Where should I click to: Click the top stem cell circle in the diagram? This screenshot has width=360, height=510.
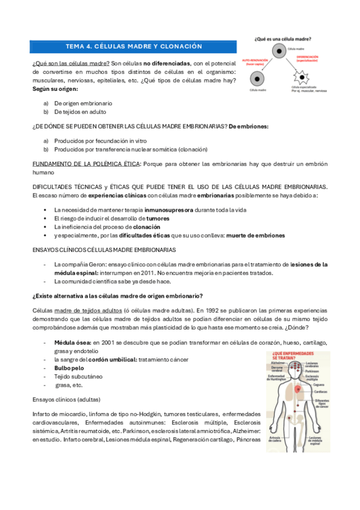281,53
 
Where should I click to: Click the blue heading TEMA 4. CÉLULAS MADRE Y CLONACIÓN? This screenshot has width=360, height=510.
133,46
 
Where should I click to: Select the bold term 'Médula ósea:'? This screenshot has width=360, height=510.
71,342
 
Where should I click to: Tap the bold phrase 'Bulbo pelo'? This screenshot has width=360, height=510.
69,367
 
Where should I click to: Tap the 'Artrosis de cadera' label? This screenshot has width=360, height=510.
277,440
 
